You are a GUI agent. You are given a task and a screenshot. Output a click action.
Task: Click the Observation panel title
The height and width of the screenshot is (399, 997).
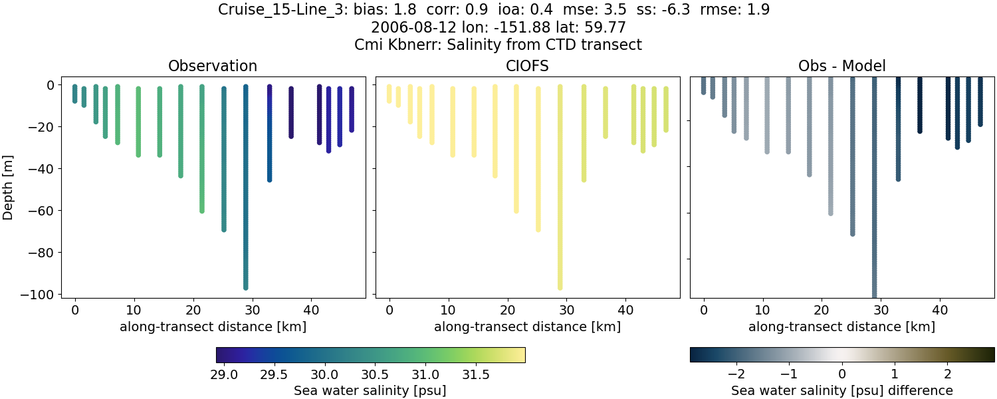[x=213, y=66]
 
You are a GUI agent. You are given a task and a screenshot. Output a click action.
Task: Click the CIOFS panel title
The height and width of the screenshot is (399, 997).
[x=528, y=66]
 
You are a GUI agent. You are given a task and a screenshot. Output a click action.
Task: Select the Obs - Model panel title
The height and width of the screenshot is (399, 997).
[x=841, y=66]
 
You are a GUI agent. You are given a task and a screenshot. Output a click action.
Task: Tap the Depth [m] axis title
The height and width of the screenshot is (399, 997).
[x=9, y=190]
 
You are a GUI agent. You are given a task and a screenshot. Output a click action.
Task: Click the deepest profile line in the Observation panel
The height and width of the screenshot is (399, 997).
[x=246, y=199]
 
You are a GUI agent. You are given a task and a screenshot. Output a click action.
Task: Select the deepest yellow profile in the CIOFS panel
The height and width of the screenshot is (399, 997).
[x=560, y=199]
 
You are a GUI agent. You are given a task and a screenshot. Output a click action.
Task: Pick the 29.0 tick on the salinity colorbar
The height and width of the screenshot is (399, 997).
[x=225, y=374]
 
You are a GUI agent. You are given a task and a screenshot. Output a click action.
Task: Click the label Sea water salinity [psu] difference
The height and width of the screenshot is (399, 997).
[x=841, y=390]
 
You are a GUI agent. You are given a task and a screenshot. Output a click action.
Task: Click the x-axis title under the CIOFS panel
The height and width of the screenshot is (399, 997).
[x=528, y=327]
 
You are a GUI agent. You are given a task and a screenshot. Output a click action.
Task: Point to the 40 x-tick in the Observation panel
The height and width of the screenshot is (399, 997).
[x=311, y=309]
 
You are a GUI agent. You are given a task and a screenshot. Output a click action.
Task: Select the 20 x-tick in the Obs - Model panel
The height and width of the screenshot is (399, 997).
[x=822, y=309]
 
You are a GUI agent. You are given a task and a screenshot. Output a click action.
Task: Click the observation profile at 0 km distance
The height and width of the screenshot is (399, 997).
[x=75, y=94]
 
